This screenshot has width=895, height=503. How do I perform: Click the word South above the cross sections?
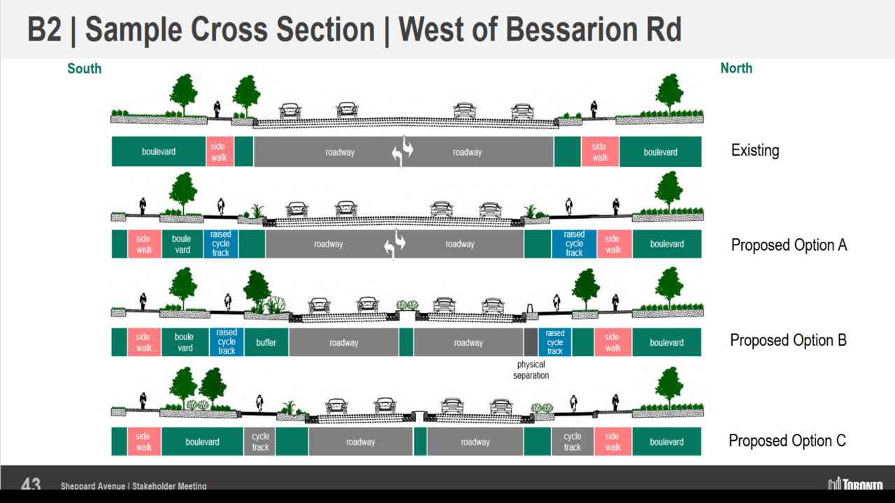point(84,68)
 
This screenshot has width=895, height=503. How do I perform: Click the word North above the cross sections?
point(736,68)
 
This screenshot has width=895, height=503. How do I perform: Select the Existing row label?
point(754,150)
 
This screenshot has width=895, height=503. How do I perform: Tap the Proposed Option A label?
point(789,245)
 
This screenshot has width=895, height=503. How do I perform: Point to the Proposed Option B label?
point(788,340)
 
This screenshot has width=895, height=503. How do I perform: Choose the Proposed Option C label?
point(787,441)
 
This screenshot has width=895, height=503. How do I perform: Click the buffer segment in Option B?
point(266,342)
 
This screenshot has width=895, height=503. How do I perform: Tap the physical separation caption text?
point(531,370)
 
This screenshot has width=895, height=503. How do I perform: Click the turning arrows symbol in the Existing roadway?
point(403,153)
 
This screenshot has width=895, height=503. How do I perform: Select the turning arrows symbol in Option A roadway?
point(395,245)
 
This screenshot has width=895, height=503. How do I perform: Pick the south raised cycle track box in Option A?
point(220,244)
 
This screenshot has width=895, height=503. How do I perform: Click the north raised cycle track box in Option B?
point(554,342)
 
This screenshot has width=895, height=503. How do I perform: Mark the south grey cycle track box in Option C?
point(260,442)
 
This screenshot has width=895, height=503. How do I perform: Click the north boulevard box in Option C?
point(666,442)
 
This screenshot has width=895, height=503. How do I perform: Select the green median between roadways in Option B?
point(406,342)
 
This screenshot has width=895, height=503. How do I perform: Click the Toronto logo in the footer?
point(855,484)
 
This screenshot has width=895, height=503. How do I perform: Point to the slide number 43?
point(31,484)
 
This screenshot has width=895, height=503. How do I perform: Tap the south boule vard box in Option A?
point(182,244)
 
